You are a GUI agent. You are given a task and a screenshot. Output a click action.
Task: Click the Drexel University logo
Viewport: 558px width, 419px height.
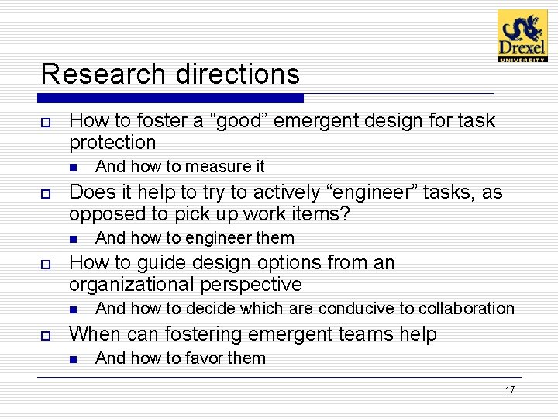(522, 36)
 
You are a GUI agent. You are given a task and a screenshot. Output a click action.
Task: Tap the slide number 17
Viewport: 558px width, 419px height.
(509, 390)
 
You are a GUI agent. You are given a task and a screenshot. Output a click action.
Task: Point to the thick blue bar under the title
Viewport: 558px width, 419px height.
(170, 99)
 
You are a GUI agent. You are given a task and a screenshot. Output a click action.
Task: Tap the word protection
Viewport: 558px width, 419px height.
(112, 143)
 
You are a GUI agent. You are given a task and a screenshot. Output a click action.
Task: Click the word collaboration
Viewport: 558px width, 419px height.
(466, 309)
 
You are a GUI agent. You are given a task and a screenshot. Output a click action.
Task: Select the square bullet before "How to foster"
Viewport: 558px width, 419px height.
(46, 122)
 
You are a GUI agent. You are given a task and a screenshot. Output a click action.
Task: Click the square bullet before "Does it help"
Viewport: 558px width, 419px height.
(46, 193)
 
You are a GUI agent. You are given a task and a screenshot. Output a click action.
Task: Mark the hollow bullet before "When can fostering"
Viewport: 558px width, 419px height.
(46, 335)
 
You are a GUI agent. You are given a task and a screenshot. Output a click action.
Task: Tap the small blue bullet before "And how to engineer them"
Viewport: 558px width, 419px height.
(73, 239)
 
